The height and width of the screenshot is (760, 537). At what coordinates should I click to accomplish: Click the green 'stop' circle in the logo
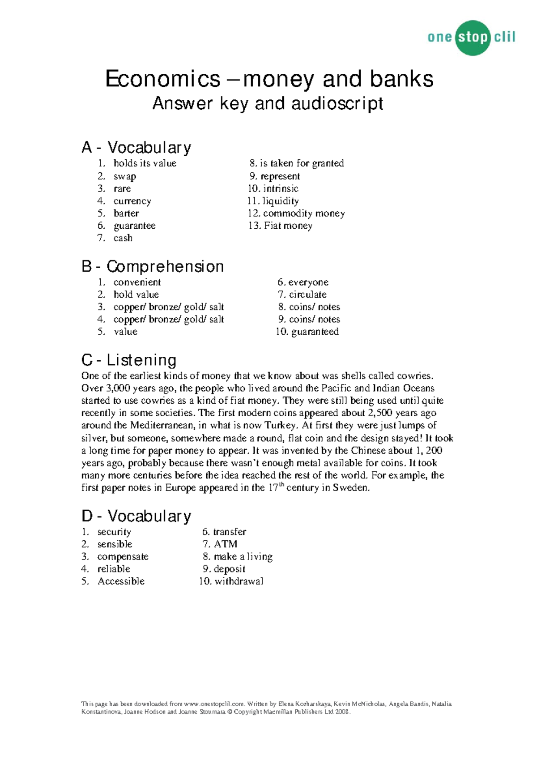coord(472,38)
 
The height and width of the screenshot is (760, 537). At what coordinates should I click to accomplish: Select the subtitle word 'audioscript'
coord(337,104)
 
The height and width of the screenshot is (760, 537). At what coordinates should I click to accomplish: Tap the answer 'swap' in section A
coord(124,176)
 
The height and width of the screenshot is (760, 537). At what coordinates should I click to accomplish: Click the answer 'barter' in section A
coord(126,213)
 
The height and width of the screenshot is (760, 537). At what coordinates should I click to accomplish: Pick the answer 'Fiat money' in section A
coord(288,226)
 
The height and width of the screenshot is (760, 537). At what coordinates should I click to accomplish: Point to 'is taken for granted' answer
coord(302,163)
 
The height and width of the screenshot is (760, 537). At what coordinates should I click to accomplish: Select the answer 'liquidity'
coord(281,201)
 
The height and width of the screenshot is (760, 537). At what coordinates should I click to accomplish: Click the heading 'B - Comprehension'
coord(152,267)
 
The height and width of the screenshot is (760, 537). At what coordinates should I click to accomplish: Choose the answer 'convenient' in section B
coord(137,282)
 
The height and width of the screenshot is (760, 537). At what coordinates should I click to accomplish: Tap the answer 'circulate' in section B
coord(307,295)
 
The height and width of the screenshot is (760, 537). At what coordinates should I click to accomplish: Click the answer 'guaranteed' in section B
coord(315,332)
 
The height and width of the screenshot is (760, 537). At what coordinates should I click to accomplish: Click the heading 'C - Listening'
coord(129,360)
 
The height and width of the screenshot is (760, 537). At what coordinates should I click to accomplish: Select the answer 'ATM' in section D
coord(226,544)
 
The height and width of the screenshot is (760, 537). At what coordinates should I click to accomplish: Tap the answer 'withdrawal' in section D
coord(239,581)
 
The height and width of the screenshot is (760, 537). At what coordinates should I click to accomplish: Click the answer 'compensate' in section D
coord(123,557)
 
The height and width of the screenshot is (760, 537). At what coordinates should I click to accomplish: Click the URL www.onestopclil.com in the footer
coord(214,704)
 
